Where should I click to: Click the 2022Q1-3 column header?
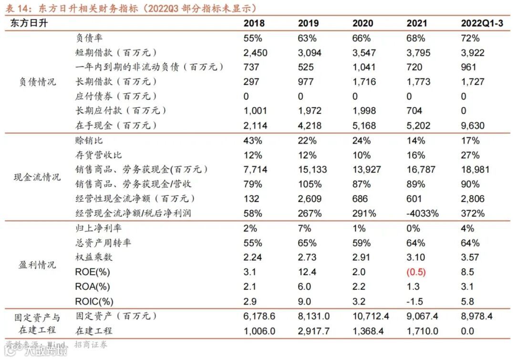482,23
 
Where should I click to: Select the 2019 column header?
308,23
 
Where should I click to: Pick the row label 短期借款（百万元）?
116,52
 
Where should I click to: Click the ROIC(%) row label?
94,301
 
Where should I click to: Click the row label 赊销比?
89,141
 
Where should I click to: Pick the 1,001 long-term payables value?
255,111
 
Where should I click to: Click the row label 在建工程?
94,331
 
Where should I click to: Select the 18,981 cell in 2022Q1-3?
475,170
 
